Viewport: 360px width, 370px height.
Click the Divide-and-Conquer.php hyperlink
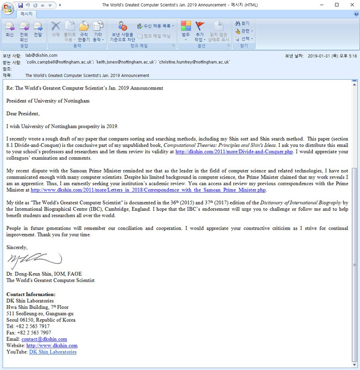[x=234, y=152]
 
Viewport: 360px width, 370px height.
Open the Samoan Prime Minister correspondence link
[x=148, y=190]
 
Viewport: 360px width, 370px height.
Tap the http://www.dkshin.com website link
[x=52, y=346]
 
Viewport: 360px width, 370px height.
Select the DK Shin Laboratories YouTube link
[x=53, y=352]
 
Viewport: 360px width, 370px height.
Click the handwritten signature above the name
[x=34, y=260]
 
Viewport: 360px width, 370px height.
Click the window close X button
[x=351, y=5]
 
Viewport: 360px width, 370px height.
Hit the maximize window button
[x=337, y=5]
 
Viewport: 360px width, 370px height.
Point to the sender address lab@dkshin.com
[x=41, y=55]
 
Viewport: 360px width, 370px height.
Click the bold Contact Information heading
[x=30, y=294]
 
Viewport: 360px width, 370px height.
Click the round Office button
[x=8, y=8]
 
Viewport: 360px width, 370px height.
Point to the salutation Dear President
[x=23, y=113]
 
